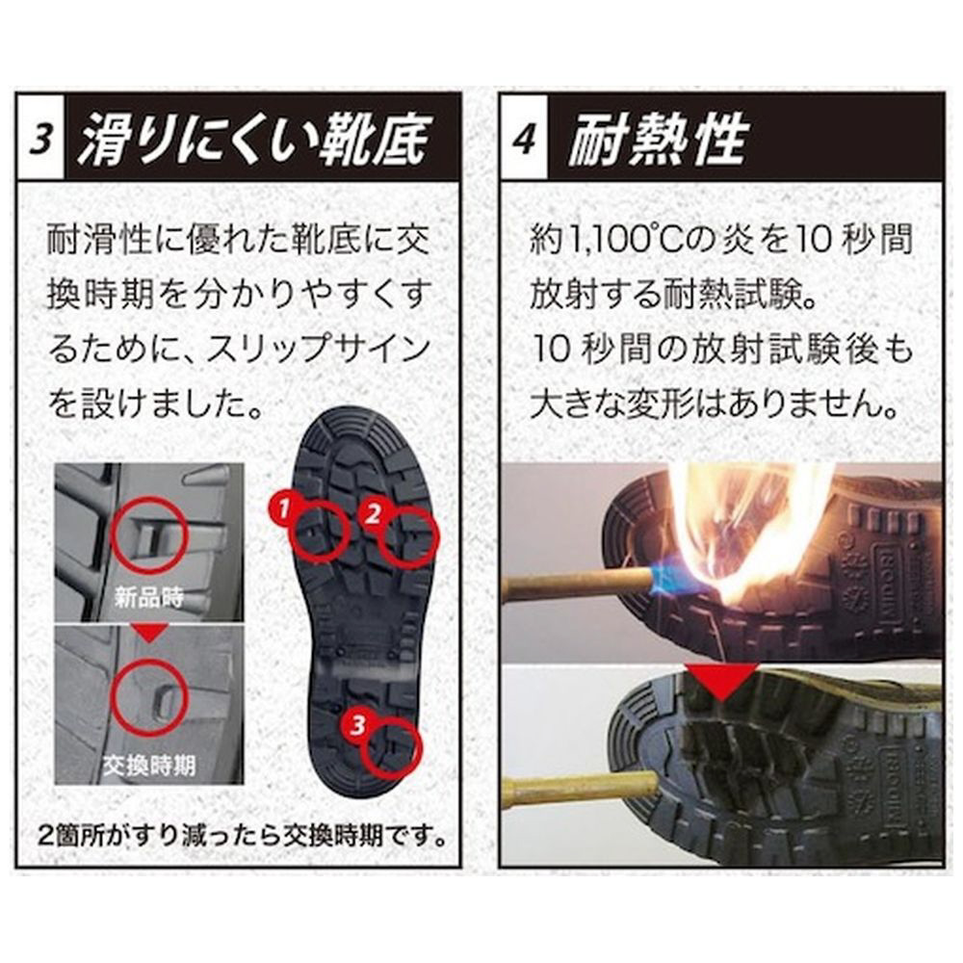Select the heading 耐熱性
click(657, 139)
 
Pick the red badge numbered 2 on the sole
click(373, 512)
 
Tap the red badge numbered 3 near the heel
click(357, 725)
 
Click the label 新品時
click(148, 598)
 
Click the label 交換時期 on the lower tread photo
click(148, 766)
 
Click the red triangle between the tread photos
click(149, 634)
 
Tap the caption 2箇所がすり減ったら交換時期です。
click(242, 836)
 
